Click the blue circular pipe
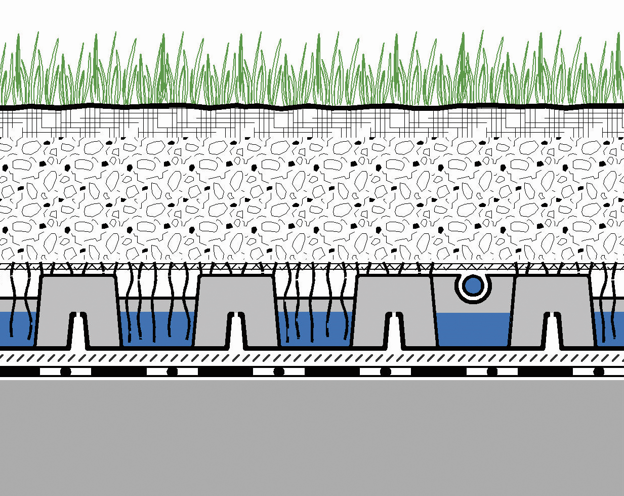[474, 286]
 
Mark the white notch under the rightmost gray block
[553, 334]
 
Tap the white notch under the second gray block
[236, 334]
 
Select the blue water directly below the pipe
[474, 329]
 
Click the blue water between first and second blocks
[157, 329]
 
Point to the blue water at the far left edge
[15, 329]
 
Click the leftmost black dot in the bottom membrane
[65, 372]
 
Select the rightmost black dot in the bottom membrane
[599, 372]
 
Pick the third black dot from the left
[278, 372]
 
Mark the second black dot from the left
[172, 372]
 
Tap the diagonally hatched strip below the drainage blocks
[312, 358]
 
